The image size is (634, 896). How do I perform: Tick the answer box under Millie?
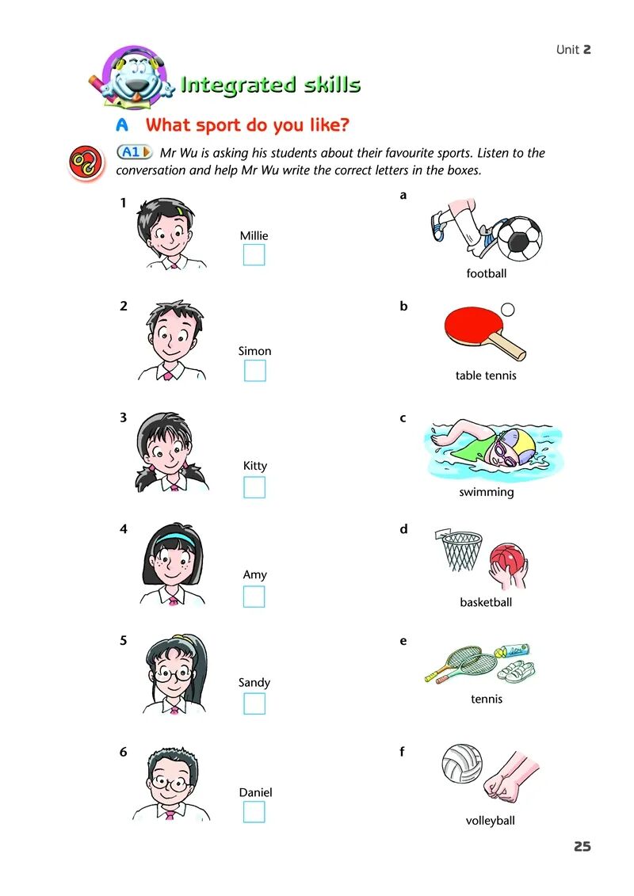[254, 255]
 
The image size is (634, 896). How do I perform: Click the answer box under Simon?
[255, 371]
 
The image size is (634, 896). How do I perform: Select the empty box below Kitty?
[254, 487]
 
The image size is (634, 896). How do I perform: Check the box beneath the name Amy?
[254, 597]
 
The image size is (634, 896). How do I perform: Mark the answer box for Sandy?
[254, 703]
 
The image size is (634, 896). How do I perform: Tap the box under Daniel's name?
[254, 811]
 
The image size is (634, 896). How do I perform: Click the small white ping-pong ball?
[507, 310]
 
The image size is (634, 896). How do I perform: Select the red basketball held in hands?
[506, 559]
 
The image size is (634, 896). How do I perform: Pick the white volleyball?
[462, 764]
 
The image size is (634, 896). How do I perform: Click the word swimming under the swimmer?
[487, 492]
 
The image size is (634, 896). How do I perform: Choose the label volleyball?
[491, 821]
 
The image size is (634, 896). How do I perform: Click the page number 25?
[582, 846]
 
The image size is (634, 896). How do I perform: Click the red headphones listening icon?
[86, 162]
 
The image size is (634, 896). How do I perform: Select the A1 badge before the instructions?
[135, 152]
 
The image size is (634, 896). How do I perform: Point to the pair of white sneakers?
[516, 670]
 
